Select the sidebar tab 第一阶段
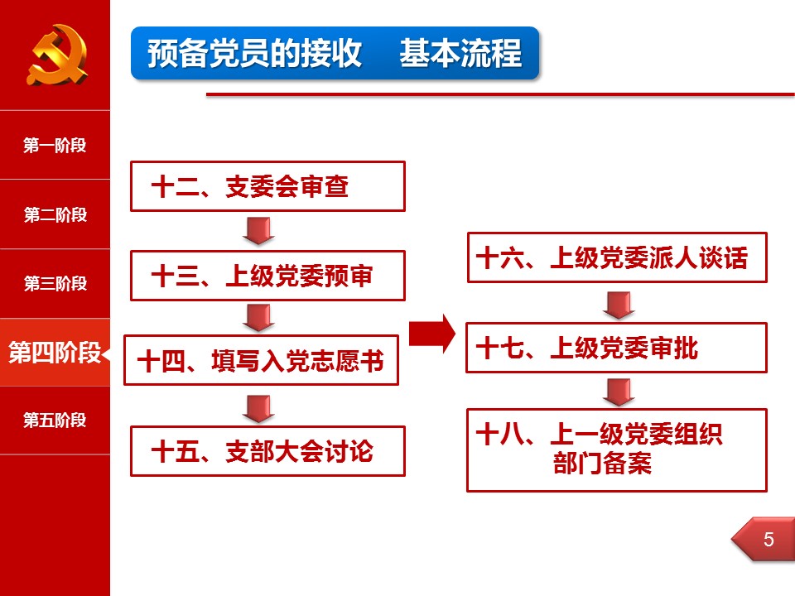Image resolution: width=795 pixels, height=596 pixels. [x=55, y=146]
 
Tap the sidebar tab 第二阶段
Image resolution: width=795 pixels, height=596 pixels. [x=55, y=214]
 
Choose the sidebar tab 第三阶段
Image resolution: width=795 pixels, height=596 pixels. [x=55, y=283]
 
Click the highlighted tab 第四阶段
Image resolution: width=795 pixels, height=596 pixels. [x=55, y=353]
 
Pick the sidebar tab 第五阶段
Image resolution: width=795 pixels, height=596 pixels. [x=55, y=421]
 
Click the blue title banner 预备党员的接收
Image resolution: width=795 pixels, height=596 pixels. [x=335, y=53]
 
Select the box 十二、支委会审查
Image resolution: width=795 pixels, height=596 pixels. [x=267, y=186]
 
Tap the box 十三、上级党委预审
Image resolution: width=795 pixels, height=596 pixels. [x=267, y=276]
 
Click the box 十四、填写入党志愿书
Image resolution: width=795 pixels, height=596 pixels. [x=261, y=360]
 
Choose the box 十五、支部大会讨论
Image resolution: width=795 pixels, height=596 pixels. [x=267, y=451]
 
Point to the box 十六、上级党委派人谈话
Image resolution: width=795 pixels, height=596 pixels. [x=617, y=257]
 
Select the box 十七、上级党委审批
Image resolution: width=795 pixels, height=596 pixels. [x=616, y=348]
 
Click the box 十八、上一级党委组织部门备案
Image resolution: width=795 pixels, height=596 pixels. [x=617, y=450]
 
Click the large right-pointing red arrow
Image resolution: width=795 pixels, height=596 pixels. [x=432, y=334]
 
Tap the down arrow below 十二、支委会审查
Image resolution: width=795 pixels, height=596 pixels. [x=258, y=231]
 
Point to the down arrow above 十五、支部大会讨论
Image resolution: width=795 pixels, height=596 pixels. [x=258, y=408]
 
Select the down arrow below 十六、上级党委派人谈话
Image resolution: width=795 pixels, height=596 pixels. [x=619, y=305]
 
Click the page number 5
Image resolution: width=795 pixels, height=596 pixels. [x=768, y=539]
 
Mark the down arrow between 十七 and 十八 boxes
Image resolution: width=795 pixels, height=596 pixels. [x=619, y=392]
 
